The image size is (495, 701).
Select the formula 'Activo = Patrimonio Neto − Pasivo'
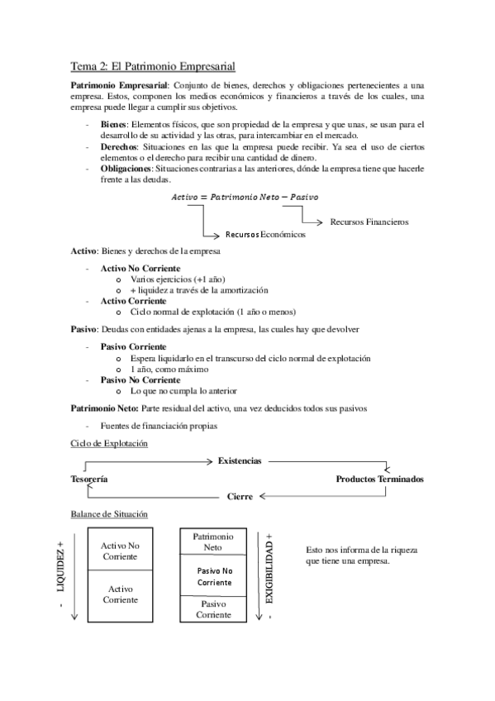(x=244, y=197)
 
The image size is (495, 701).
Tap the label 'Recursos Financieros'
(x=369, y=222)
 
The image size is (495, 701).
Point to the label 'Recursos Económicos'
(x=264, y=234)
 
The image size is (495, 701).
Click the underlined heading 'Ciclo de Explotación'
(x=110, y=444)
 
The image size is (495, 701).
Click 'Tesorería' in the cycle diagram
(x=90, y=479)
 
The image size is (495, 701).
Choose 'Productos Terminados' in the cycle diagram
(x=379, y=479)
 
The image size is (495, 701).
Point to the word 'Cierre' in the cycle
(x=240, y=497)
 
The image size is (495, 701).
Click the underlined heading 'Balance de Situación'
(x=110, y=514)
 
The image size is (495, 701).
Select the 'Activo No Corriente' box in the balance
(x=120, y=551)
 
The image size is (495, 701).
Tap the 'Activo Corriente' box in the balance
(x=120, y=594)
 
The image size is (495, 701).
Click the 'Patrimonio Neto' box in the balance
(x=212, y=542)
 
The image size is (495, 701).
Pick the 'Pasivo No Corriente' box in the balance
(x=212, y=576)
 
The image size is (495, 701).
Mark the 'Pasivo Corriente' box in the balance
(x=212, y=609)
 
